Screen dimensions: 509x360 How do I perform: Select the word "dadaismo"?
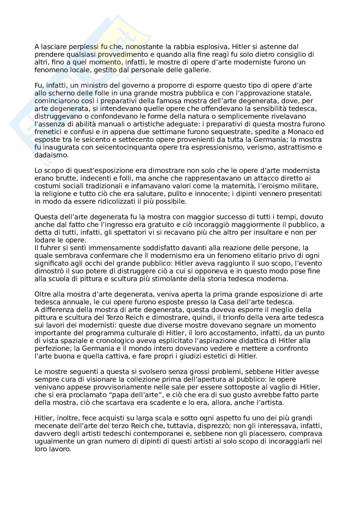pyautogui.click(x=47, y=155)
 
